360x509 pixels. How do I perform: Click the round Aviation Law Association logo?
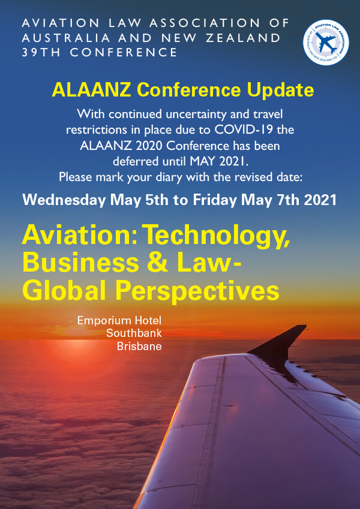[x=326, y=43]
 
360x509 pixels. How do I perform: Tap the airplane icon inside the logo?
[x=326, y=43]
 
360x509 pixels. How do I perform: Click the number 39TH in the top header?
[x=41, y=52]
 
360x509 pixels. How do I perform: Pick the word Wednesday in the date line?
[x=64, y=200]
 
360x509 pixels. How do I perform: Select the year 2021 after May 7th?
[x=320, y=200]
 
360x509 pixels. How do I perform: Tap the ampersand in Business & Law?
[x=157, y=263]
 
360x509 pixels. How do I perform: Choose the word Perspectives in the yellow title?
[x=197, y=291]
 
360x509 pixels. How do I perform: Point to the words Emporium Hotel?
[x=119, y=321]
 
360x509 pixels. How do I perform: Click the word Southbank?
[x=134, y=333]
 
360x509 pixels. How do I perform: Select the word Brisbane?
[x=139, y=346]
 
